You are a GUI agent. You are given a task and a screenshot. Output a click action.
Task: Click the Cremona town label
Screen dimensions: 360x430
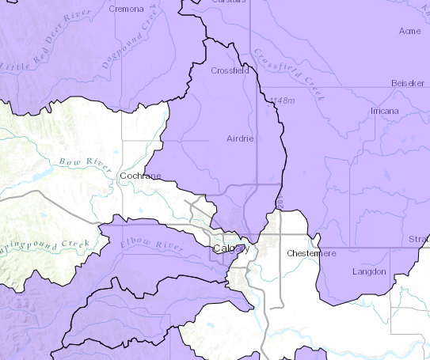[127, 9]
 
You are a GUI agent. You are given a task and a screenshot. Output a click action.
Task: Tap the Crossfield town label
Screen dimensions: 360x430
[230, 70]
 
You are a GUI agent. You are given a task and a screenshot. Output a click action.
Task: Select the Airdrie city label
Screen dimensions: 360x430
[239, 138]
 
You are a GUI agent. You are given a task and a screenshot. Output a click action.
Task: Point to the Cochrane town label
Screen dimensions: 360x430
[139, 175]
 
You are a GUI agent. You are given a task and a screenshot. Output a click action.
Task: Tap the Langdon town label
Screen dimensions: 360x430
[369, 271]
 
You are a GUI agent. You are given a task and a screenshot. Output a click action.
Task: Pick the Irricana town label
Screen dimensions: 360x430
[385, 111]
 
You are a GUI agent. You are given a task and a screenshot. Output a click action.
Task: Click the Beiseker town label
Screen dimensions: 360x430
[408, 83]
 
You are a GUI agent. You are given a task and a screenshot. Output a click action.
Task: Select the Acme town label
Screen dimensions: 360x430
[410, 31]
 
